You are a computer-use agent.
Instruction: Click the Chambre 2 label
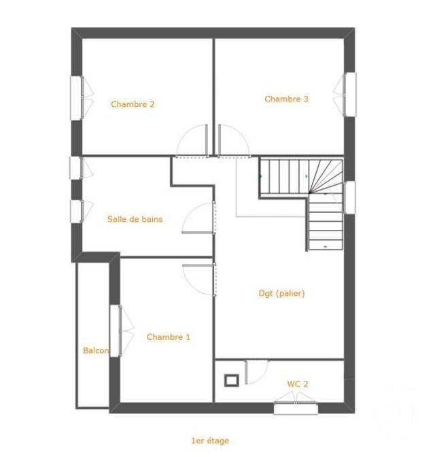(x=133, y=105)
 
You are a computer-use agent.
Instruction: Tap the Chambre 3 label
(x=286, y=99)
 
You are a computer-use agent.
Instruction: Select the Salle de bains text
(x=135, y=220)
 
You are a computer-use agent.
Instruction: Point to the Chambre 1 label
(x=169, y=337)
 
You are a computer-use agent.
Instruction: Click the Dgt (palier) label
(x=281, y=294)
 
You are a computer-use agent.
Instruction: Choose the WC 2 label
(x=297, y=384)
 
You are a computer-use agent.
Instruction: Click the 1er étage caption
(x=210, y=441)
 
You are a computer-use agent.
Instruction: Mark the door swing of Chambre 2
(x=193, y=142)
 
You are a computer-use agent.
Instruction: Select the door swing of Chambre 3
(x=232, y=141)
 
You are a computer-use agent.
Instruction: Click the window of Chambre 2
(x=76, y=97)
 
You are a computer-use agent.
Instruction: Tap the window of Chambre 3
(x=349, y=93)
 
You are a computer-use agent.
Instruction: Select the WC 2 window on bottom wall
(x=296, y=408)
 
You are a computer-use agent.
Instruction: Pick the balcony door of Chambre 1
(x=116, y=331)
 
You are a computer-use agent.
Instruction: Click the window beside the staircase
(x=349, y=197)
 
